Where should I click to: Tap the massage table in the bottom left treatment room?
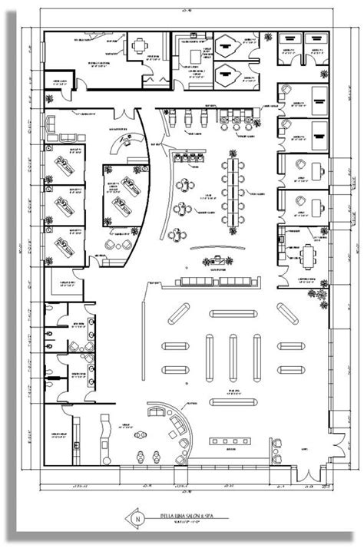click(63, 245)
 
